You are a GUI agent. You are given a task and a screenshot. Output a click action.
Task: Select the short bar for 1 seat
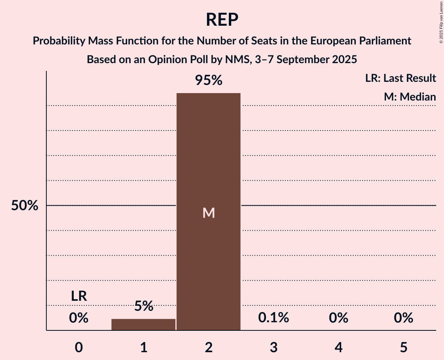[143, 325]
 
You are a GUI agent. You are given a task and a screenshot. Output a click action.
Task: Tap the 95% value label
[209, 80]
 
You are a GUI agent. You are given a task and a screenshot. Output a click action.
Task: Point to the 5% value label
[143, 306]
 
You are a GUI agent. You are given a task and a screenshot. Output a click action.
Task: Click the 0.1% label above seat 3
[274, 318]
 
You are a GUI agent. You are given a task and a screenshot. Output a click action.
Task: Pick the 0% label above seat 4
[338, 318]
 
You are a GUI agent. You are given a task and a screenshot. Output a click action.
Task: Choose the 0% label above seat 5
[403, 318]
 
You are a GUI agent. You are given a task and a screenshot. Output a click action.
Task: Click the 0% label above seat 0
[79, 318]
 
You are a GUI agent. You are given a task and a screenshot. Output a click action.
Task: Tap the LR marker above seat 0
[79, 296]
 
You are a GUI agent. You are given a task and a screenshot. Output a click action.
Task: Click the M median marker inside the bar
[209, 213]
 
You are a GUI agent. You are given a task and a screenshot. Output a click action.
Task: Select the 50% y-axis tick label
[25, 206]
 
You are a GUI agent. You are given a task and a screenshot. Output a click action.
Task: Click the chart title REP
[222, 19]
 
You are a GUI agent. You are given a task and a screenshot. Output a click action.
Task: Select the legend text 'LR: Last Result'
[401, 78]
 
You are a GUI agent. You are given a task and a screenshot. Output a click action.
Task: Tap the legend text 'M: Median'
[410, 97]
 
